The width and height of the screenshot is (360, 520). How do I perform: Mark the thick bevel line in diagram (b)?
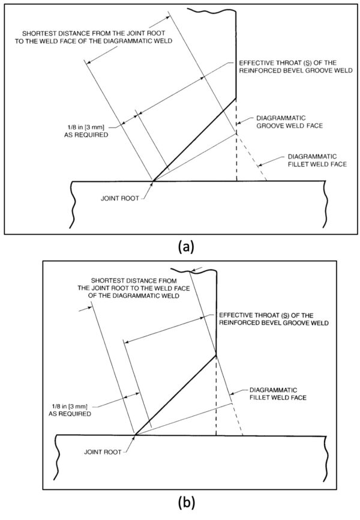coord(174,395)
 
